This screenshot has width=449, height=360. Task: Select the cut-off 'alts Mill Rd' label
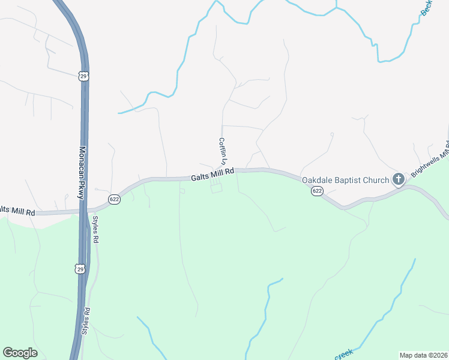point(17,211)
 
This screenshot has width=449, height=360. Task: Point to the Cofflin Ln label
point(222,151)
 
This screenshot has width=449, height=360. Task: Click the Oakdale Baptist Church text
point(345,179)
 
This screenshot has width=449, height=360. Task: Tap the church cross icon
point(398,179)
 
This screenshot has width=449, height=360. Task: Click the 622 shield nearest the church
point(318,191)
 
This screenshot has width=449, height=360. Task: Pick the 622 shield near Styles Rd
point(115,199)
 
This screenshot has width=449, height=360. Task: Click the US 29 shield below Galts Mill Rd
point(80,269)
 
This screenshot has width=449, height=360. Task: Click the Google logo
point(20,353)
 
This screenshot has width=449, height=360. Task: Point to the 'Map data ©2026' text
point(423,355)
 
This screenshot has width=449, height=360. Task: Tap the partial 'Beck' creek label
point(427,7)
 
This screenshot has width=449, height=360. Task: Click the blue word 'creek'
point(344,355)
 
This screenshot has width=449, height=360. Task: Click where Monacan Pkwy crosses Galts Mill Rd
point(83,211)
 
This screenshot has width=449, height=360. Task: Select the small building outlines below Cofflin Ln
point(215,187)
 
